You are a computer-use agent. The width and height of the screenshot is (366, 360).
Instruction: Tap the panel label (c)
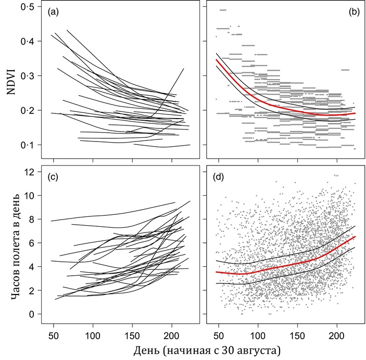click(x=54, y=176)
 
